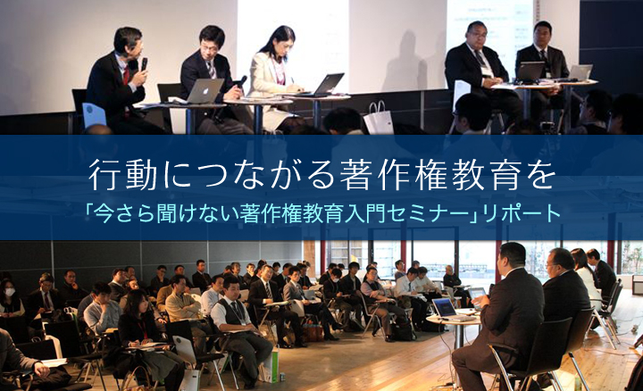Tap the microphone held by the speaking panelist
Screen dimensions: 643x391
click(144, 64)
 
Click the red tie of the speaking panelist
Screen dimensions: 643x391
click(126, 77)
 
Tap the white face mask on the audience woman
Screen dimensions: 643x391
click(10, 292)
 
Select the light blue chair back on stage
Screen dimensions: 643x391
click(94, 115)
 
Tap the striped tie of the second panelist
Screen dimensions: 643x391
click(212, 70)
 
